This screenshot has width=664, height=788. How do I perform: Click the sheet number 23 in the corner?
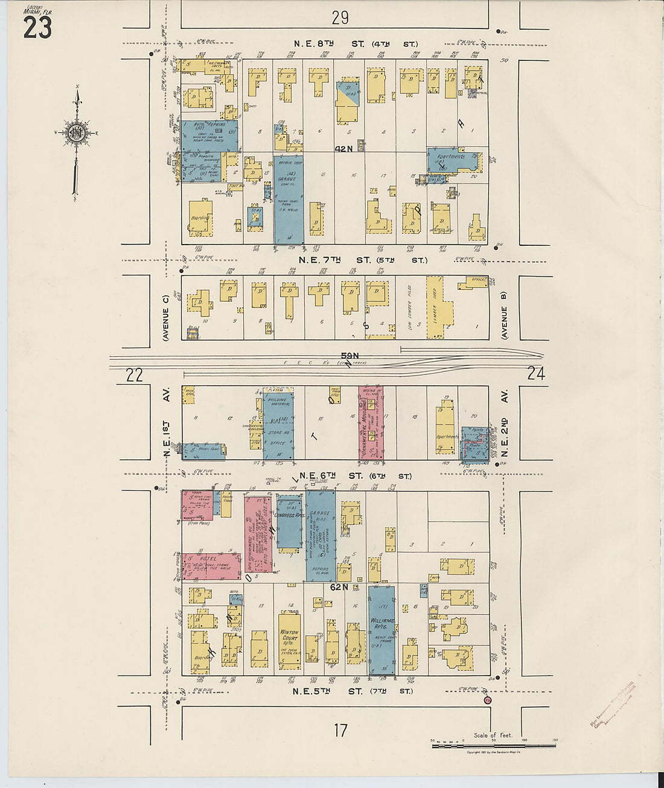pyautogui.click(x=37, y=28)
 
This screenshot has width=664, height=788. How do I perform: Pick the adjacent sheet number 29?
pyautogui.click(x=340, y=18)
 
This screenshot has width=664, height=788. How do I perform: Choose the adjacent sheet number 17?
pyautogui.click(x=340, y=731)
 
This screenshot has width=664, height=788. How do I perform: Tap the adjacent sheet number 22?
pyautogui.click(x=134, y=375)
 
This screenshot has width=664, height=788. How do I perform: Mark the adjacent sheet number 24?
pyautogui.click(x=536, y=374)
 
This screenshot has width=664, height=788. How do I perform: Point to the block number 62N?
pyautogui.click(x=339, y=587)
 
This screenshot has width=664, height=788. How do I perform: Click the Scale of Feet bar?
pyautogui.click(x=493, y=746)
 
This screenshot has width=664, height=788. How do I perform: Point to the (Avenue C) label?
pyautogui.click(x=165, y=323)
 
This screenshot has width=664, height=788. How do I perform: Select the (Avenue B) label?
pyautogui.click(x=504, y=314)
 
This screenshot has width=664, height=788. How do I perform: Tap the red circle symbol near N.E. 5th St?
pyautogui.click(x=488, y=700)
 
